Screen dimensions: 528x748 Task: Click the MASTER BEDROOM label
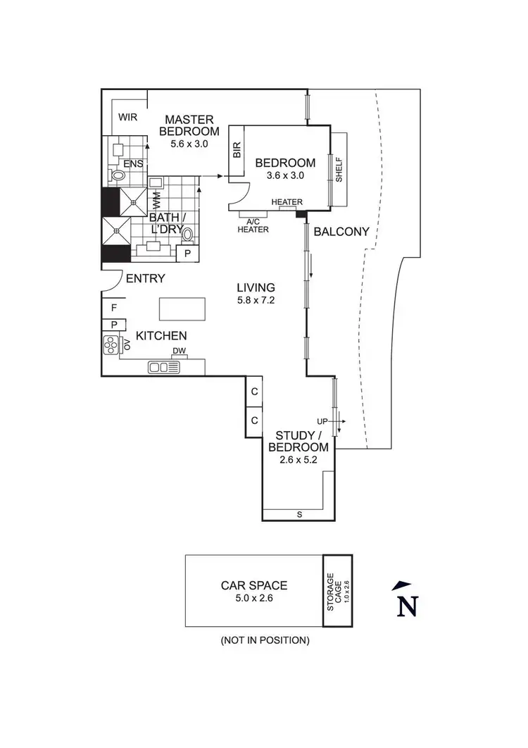pos(189,125)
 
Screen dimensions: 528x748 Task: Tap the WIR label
pos(127,117)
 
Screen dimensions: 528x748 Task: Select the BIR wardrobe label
pos(236,150)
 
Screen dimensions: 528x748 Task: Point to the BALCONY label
pos(341,231)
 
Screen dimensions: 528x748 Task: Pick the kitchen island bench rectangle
pos(182,308)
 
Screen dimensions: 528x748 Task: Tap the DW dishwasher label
pos(179,351)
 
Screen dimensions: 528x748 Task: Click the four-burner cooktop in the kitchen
pos(112,345)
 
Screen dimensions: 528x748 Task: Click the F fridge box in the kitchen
pos(113,307)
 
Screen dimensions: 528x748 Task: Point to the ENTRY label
pos(145,278)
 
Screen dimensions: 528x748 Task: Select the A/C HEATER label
pos(253,225)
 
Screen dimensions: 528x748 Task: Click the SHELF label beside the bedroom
pos(339,169)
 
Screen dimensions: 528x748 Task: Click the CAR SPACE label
pos(253,585)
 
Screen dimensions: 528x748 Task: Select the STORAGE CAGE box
pos(337,590)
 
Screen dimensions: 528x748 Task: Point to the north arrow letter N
pos(406,605)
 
